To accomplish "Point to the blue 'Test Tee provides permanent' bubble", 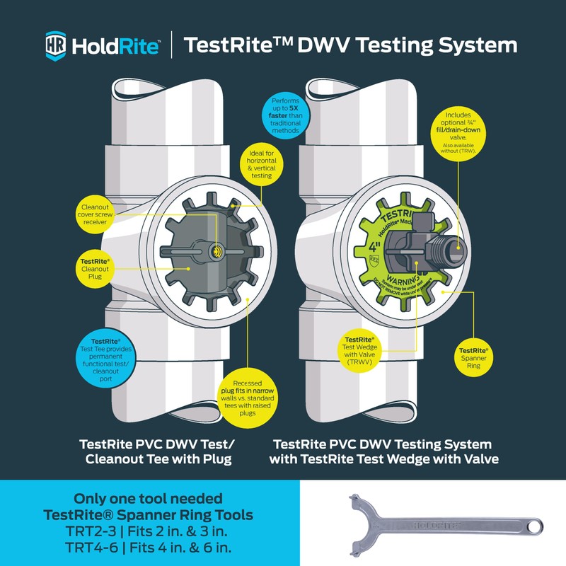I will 107,345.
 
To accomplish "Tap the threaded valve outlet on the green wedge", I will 451,248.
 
